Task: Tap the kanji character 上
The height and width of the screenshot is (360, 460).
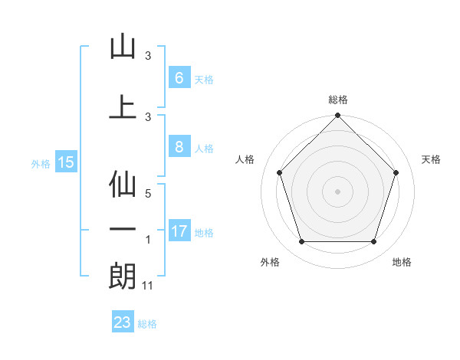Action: coord(123,107)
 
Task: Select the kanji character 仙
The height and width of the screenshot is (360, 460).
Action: coord(123,185)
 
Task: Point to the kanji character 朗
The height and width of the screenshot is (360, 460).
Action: coord(123,277)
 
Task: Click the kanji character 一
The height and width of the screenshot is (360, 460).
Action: coord(123,230)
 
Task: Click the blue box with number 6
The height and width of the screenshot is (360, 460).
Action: coord(179,77)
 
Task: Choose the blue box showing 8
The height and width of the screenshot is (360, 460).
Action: coord(179,148)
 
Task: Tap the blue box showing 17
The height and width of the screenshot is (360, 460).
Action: coord(179,231)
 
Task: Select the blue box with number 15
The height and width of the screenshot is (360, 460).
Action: coord(65,162)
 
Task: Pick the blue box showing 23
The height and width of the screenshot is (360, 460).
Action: coord(123,322)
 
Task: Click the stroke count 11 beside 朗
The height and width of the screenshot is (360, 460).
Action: coord(149,286)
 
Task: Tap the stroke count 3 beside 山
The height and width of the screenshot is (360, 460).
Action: coord(149,56)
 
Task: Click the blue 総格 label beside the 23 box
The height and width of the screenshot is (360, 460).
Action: coord(147,324)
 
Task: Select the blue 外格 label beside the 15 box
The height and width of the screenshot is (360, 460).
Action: coord(41,163)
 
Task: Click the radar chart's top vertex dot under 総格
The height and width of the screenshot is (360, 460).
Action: coord(337,116)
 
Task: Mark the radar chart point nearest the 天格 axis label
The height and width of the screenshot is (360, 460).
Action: coord(396,172)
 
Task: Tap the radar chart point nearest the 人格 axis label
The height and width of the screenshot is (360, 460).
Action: coord(279,172)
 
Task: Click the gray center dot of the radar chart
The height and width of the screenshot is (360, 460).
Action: coord(337,191)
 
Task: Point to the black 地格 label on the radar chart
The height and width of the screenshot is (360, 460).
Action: coord(402,262)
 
